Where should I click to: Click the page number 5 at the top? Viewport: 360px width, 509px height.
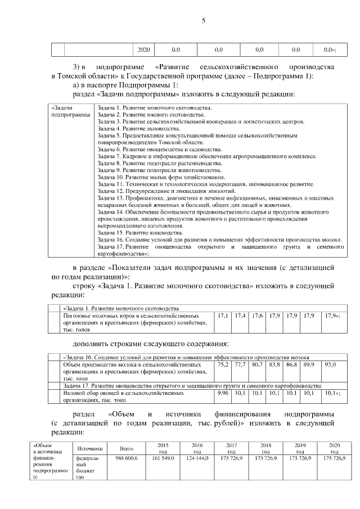[x=204, y=21]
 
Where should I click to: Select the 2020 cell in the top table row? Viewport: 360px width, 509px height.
[x=143, y=50]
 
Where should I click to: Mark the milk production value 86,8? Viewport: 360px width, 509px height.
[x=291, y=366]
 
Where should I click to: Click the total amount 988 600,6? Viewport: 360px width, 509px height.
[x=127, y=459]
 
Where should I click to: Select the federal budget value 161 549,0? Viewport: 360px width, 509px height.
[x=163, y=459]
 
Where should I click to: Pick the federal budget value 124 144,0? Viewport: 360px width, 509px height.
[x=197, y=459]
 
